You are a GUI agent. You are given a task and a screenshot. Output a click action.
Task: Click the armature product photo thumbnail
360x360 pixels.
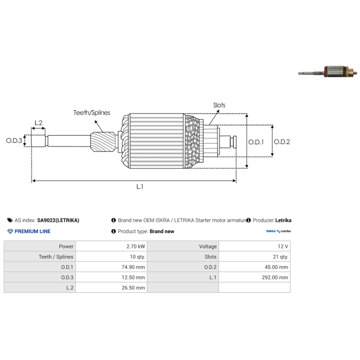[328, 72]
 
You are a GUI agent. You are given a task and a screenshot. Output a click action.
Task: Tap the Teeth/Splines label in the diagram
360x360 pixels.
[92, 113]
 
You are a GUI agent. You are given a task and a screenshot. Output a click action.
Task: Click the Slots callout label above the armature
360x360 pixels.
[219, 105]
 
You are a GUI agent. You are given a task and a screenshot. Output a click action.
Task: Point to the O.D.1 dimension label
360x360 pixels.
[256, 142]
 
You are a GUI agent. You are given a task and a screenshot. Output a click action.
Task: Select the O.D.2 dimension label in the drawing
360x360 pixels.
[282, 142]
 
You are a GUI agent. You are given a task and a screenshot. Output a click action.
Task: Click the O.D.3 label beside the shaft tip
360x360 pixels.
[14, 140]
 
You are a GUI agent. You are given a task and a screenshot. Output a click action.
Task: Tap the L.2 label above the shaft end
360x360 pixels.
[39, 123]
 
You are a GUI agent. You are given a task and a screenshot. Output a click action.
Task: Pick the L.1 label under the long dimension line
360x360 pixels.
[140, 187]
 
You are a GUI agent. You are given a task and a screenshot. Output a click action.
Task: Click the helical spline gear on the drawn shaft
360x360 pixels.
[103, 142]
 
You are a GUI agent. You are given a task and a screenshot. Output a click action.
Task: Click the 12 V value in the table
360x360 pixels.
[283, 246]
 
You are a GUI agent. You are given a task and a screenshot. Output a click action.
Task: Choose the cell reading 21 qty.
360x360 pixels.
[280, 256]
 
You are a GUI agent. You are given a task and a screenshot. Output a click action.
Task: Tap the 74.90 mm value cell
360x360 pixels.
[133, 267]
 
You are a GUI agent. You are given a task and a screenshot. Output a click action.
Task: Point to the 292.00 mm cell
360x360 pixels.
[275, 277]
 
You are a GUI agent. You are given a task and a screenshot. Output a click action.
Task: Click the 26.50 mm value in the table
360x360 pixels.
[133, 288]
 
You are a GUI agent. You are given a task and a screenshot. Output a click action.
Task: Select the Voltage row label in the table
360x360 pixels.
[208, 246]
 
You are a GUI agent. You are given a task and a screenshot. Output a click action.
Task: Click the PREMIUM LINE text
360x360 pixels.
[32, 231]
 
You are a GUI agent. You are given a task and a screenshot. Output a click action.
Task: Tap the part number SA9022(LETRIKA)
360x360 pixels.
[58, 220]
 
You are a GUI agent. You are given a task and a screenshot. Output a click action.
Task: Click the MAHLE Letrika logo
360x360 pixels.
[279, 231]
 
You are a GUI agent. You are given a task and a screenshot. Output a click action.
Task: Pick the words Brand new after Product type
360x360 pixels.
[162, 231]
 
